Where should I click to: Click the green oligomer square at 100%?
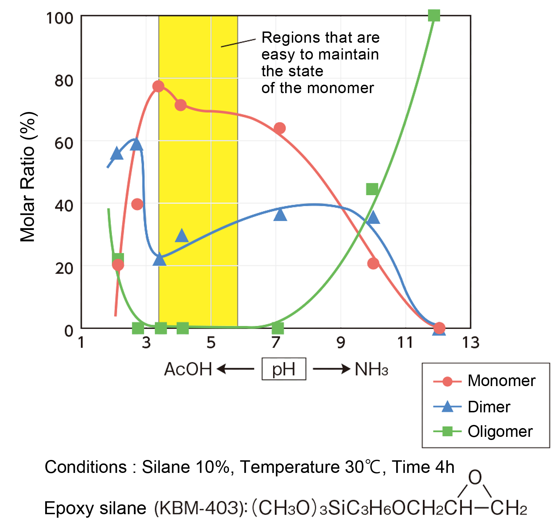coord(434,15)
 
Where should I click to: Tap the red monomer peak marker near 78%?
coord(159,86)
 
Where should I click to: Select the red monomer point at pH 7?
coord(279,128)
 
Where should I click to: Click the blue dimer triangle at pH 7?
coord(280,214)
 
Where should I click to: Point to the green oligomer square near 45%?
coord(372,189)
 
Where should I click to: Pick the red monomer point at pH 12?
coord(439,328)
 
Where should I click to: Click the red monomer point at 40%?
coord(137,204)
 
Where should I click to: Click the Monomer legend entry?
coord(501,381)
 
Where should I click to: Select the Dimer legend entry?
coord(489,407)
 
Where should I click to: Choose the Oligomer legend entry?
coord(500,432)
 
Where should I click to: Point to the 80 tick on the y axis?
coord(64,81)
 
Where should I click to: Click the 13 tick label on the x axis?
coord(470,342)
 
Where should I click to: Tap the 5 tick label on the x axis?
coord(211,342)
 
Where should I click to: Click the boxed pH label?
coord(284,369)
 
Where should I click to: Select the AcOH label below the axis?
coord(188,369)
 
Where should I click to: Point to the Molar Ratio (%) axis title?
coord(28,177)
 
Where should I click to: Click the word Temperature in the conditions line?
coord(290,467)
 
